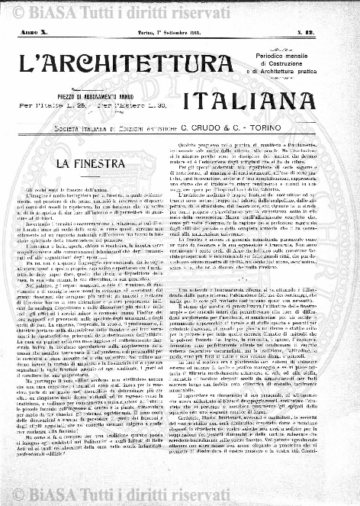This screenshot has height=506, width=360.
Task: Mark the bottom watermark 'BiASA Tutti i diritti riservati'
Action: click(187, 495)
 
